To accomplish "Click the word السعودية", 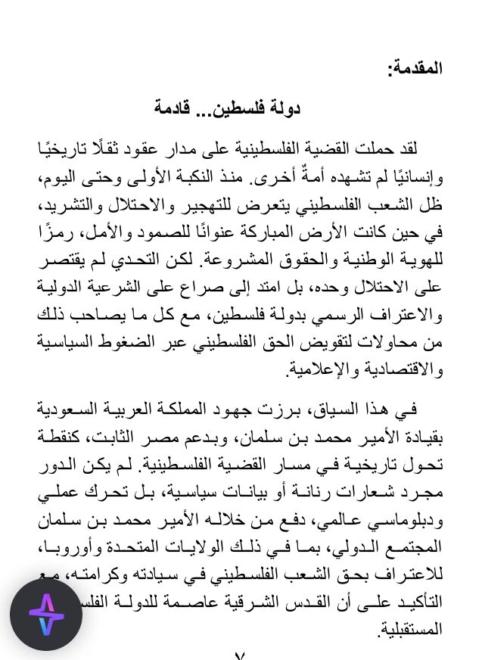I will click(x=67, y=409).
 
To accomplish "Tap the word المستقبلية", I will click(x=408, y=627).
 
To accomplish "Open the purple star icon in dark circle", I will click(x=46, y=615).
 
